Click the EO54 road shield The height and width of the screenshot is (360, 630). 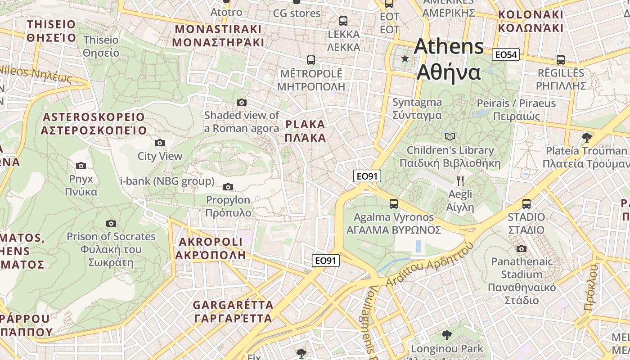point(506,55)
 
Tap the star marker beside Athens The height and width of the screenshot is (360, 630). point(405,58)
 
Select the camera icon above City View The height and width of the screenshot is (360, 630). point(159,143)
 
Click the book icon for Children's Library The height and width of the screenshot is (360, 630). point(450,136)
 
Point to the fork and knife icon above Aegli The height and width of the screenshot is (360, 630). point(460,181)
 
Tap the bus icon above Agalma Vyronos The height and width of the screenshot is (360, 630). point(394,204)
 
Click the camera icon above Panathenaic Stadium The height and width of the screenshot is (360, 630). point(521,248)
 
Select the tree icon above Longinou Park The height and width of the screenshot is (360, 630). point(446,335)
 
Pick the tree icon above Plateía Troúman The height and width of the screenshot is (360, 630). point(586,137)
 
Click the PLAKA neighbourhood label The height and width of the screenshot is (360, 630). point(305,131)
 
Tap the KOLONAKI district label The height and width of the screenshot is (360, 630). point(531,21)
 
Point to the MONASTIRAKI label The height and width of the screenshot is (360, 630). point(218,36)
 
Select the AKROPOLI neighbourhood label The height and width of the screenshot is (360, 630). point(211,248)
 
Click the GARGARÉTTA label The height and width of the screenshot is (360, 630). point(233,311)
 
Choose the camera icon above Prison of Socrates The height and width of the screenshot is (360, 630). point(111,223)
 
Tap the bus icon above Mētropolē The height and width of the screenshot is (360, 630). point(310,60)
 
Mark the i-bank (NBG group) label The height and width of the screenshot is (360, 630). point(167,181)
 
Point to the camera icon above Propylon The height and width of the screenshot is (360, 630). point(228,187)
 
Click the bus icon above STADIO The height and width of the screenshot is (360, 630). point(526,204)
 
